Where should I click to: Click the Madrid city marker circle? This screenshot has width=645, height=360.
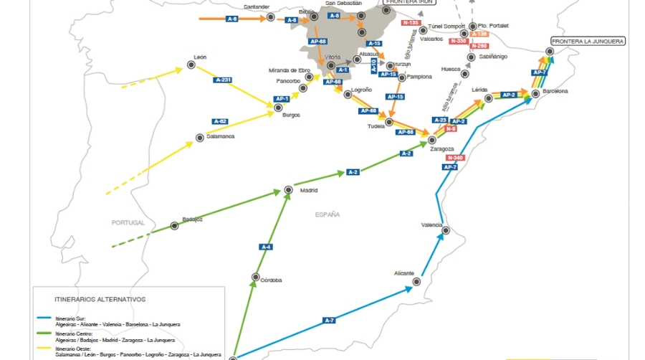coord(288,190)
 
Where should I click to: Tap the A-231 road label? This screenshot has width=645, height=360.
coord(223,80)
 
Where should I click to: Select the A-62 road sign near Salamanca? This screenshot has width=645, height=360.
coord(220,121)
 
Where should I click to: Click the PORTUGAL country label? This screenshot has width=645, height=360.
coord(128,222)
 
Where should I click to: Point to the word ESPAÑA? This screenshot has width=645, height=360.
coord(327,214)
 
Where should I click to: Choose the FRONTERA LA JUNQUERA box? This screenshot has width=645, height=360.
coord(588,42)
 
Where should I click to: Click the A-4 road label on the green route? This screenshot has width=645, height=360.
coord(266,247)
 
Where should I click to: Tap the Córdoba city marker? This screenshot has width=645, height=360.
coord(255,277)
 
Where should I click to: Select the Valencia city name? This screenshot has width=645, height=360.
coord(431,224)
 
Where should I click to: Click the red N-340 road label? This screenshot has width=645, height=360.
coord(454,157)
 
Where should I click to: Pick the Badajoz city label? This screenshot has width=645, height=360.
coord(192,219)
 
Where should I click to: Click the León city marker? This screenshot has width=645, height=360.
coord(191,65)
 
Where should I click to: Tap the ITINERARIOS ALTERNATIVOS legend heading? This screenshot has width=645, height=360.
coord(100,299)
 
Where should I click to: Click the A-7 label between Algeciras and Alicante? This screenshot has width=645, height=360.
coord(329,320)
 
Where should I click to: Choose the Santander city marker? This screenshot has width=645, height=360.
coord(270,16)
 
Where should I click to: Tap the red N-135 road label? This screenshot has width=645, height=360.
coord(411,23)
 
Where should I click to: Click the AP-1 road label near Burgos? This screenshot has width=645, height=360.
coord(282,99)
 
